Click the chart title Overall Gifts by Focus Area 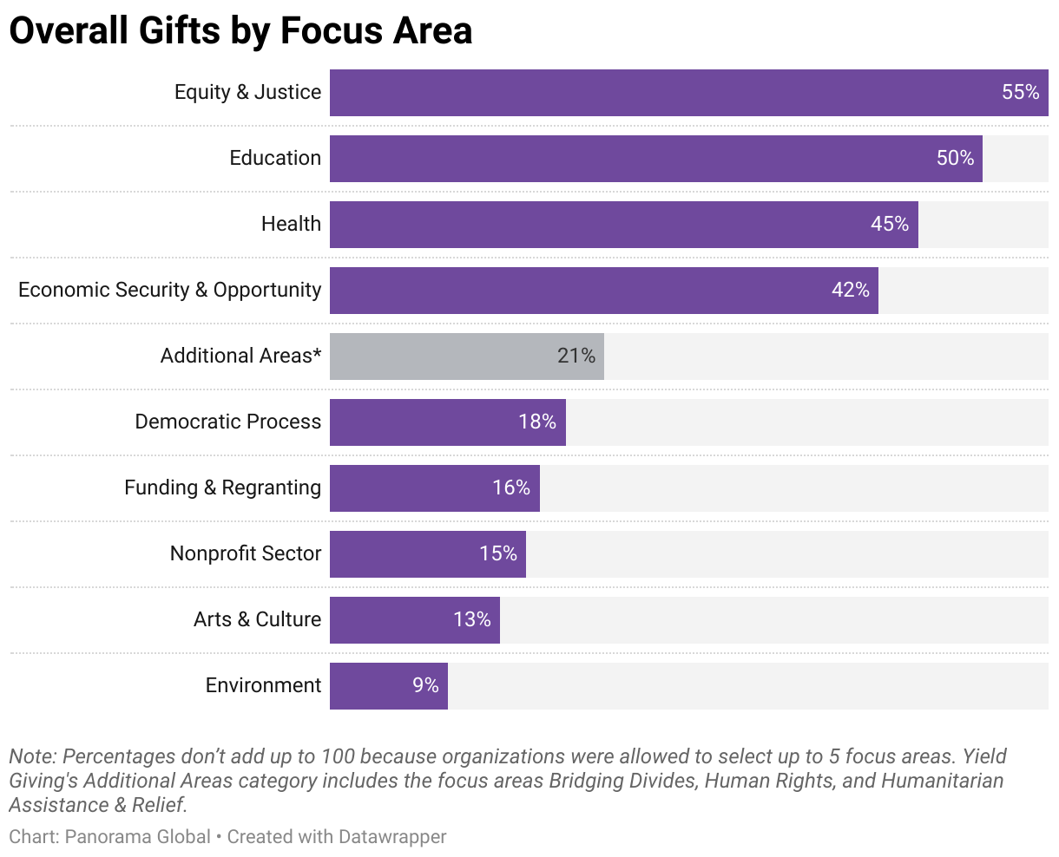coord(240,31)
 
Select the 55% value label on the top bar coord(1020,92)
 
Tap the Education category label coord(275,158)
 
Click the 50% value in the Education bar coord(955,158)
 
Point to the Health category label coord(291,224)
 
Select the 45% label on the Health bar coord(889,224)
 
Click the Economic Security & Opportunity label coord(169,290)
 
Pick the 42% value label coord(850,290)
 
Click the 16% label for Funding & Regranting coord(510,487)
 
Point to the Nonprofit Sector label coord(246,553)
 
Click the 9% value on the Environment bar coord(425,685)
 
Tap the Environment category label coord(263,685)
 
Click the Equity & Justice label coord(247,92)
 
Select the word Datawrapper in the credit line coord(392,837)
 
